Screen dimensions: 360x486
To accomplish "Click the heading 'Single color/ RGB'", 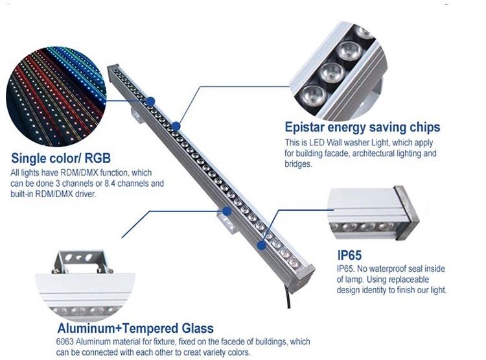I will [61, 158].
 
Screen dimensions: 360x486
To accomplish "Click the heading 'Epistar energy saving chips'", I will [362, 127].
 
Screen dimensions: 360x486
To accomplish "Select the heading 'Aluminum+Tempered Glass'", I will [135, 328].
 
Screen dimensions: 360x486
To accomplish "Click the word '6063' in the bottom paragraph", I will [66, 342].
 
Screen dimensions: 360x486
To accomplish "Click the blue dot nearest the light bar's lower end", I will [261, 244].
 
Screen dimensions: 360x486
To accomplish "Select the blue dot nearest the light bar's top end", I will [150, 101].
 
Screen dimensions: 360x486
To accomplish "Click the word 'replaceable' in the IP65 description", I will [412, 280].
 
